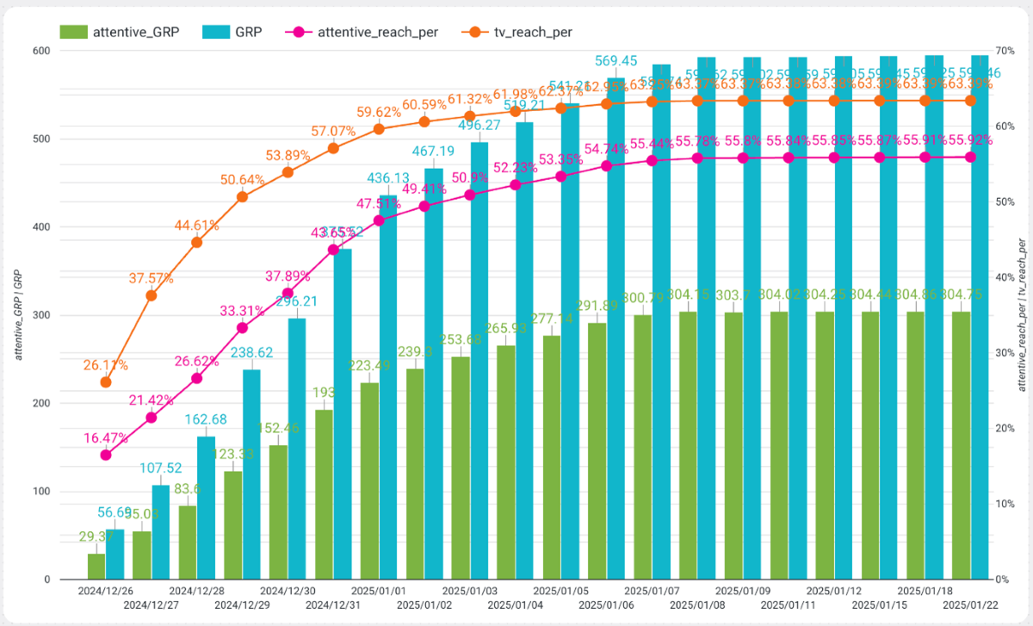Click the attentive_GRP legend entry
point(121,32)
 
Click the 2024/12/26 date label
point(106,592)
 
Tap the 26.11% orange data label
point(106,365)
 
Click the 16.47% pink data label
point(106,438)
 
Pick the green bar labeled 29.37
point(96,566)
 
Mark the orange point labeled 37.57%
point(152,295)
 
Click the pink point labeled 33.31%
point(243,327)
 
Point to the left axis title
point(18,314)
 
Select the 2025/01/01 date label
point(379,592)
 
